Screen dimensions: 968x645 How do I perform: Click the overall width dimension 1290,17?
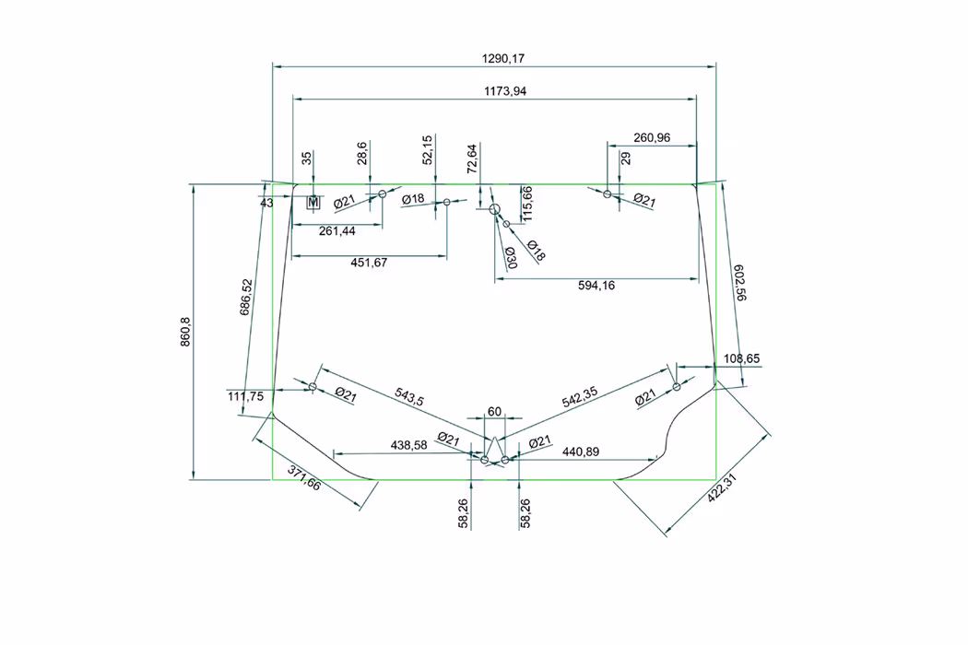tap(503, 59)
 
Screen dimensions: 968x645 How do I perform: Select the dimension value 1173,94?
tap(505, 91)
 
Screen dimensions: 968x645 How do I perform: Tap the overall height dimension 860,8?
tap(185, 332)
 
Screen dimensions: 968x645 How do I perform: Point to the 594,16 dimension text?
tap(596, 286)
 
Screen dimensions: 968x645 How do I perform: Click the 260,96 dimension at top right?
tap(652, 137)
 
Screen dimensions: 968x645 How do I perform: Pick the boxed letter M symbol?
tap(313, 202)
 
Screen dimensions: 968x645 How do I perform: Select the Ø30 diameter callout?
tap(511, 257)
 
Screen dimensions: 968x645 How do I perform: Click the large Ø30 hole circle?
tap(494, 209)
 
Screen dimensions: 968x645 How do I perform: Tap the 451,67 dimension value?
tap(369, 263)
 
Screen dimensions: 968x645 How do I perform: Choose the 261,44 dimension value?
tap(337, 231)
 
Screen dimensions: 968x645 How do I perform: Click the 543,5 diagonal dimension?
tap(409, 396)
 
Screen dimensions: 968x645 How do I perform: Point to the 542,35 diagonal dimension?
tap(580, 397)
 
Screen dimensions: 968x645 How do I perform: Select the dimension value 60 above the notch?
tap(494, 412)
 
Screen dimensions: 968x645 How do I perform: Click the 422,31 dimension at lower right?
tap(722, 488)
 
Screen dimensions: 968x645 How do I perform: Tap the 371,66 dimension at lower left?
tap(304, 477)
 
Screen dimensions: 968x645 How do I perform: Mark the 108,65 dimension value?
tap(741, 358)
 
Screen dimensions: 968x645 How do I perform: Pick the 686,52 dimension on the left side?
tap(246, 298)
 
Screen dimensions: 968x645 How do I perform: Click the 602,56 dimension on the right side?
tap(739, 283)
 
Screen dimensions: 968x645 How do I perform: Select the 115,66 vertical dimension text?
tap(527, 204)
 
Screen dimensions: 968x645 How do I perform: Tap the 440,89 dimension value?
tap(580, 452)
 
